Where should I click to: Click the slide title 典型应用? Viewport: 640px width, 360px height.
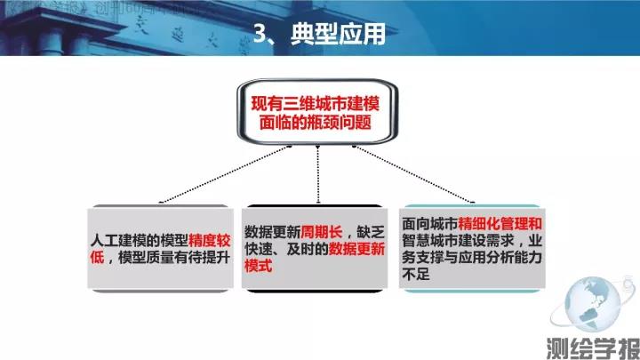point(341,34)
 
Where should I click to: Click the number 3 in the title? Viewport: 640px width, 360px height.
point(263,34)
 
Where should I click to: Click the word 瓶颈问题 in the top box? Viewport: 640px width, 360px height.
point(348,125)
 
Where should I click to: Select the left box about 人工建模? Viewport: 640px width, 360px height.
point(161,249)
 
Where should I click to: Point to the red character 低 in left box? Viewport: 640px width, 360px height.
point(99,258)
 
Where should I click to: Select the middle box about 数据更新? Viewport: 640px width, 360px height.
point(317,249)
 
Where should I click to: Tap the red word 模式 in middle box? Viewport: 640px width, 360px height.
point(259,266)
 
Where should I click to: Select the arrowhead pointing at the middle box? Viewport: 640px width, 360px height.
point(318,201)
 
